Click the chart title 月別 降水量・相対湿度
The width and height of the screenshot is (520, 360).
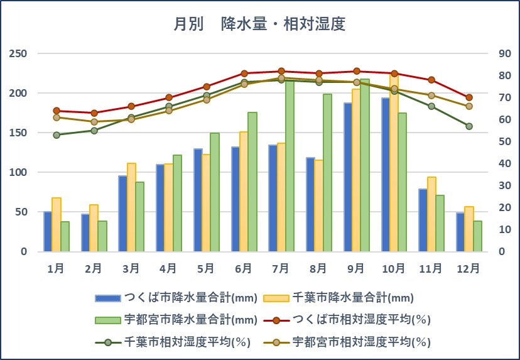click(260, 25)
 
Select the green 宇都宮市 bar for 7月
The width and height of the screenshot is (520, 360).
click(290, 166)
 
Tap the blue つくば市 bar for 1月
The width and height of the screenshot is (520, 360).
click(48, 231)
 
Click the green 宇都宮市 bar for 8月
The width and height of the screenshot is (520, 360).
click(327, 173)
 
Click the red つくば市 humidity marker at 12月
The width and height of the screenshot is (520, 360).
click(469, 97)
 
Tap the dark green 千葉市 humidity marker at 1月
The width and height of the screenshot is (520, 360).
click(57, 134)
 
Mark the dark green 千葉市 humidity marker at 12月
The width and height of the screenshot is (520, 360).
click(469, 126)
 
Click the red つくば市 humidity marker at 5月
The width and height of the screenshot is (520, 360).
click(206, 87)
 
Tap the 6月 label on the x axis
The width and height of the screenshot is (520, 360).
click(243, 268)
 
